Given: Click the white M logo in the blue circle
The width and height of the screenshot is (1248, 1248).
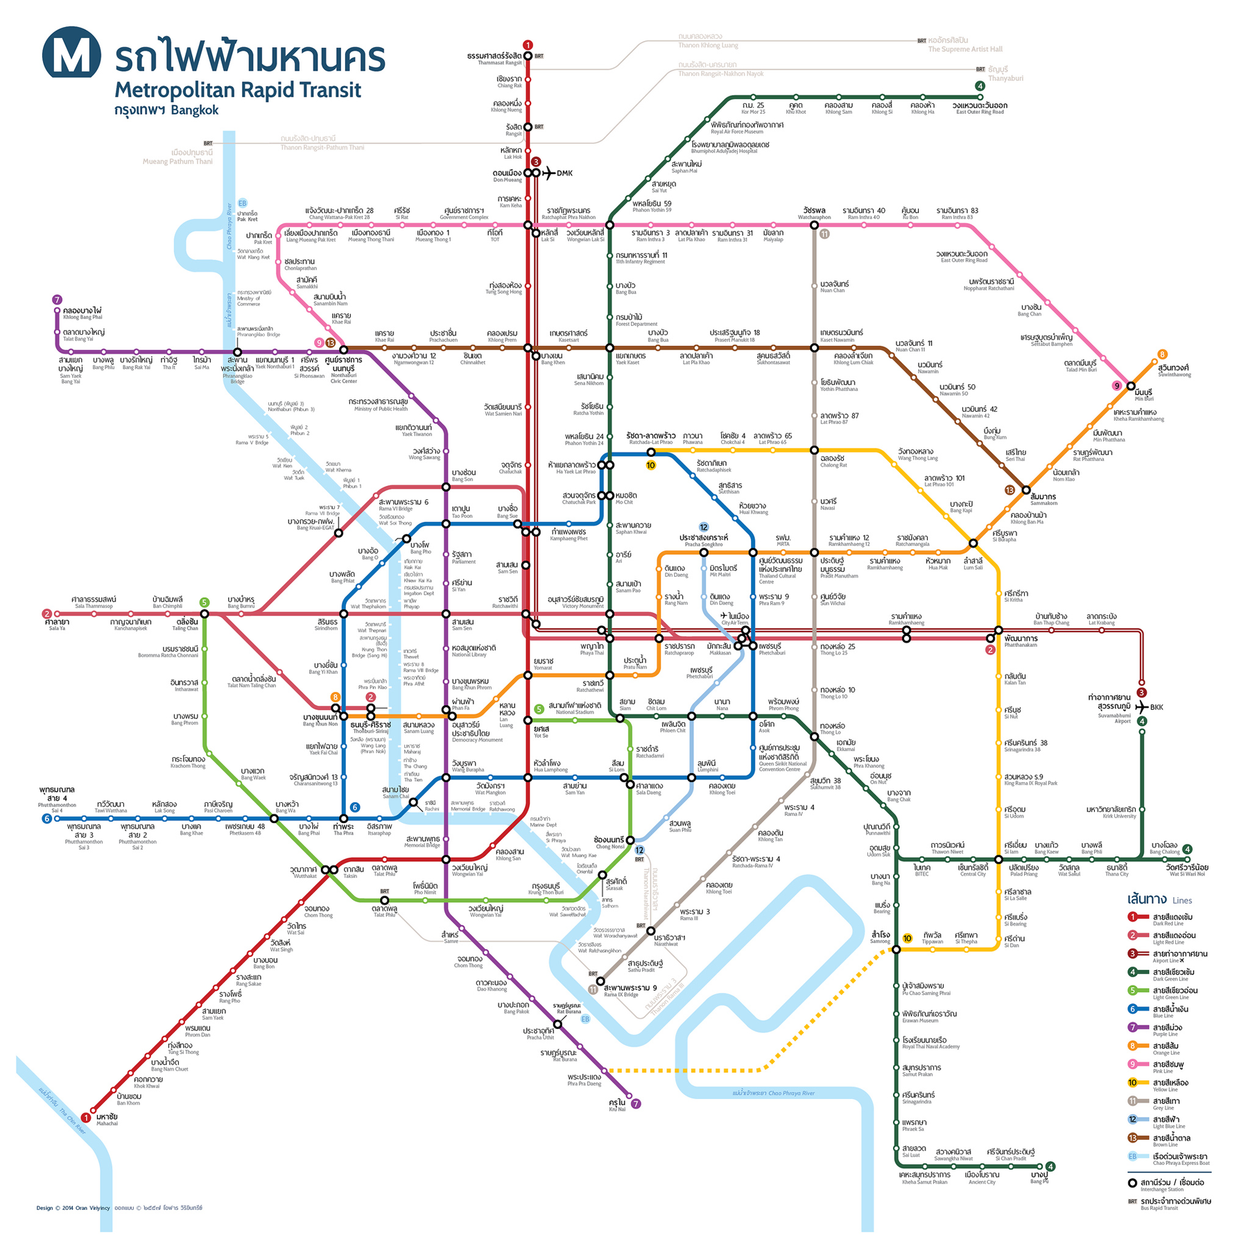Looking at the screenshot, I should [71, 53].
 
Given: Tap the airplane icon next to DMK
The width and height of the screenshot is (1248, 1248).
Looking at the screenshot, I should [548, 173].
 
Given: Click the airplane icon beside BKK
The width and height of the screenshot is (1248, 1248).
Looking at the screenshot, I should [1141, 707].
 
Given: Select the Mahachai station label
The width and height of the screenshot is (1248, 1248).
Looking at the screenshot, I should [107, 1119].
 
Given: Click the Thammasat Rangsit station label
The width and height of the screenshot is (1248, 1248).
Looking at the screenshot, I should [494, 58].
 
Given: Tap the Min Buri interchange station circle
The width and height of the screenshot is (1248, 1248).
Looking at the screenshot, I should [1131, 386].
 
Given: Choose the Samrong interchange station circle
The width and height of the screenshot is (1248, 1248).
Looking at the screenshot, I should [896, 949].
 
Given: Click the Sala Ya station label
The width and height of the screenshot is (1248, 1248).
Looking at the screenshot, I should [57, 624].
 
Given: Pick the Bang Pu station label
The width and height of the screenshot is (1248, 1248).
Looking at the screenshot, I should [1039, 1177].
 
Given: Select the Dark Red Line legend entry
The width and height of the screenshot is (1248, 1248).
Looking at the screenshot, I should [1172, 919].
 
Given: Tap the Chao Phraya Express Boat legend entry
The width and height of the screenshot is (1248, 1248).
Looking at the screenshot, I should [1179, 1159].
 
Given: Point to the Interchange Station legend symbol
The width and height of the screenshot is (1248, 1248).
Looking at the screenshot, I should [1132, 1183].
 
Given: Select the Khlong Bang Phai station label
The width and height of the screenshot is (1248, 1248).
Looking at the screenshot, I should [82, 313].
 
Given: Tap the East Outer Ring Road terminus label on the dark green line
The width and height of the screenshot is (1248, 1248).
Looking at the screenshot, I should [980, 108].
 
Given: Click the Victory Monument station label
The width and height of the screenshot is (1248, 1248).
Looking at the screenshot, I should [575, 602].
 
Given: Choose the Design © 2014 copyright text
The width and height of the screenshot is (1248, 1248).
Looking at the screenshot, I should [73, 1208].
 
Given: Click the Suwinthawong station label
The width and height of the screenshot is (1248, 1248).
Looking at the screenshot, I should [1174, 370].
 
